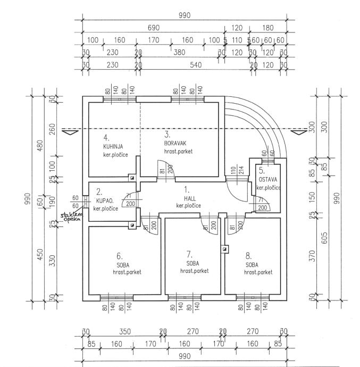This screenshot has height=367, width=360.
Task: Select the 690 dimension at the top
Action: click(x=153, y=27)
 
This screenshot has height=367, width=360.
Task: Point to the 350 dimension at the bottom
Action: click(x=124, y=331)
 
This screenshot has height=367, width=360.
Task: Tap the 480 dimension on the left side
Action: click(x=38, y=145)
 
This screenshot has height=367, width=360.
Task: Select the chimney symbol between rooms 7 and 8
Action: click(x=225, y=248)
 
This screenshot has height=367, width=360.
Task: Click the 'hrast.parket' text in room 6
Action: click(x=127, y=272)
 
